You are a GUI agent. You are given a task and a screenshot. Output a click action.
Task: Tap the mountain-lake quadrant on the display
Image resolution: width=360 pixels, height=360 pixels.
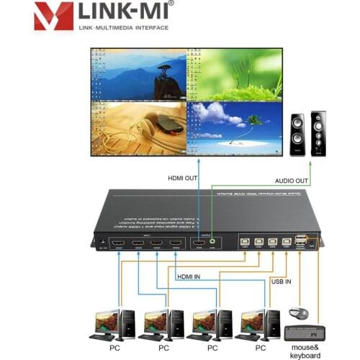tap(137, 74)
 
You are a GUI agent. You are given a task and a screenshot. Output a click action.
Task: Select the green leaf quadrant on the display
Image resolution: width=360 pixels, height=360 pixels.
tap(233, 74)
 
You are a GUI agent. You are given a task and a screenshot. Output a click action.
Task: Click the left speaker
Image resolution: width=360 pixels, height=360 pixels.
tap(296, 135)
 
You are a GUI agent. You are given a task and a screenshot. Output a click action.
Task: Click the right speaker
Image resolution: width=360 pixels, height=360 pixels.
tap(318, 132)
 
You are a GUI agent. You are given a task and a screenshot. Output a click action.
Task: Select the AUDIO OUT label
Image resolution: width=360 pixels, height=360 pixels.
tap(292, 181)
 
